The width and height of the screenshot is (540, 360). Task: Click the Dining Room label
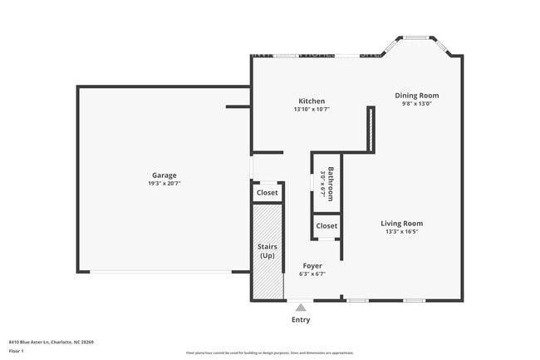(x=416, y=96)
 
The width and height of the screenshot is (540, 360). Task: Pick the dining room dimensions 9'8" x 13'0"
(x=416, y=104)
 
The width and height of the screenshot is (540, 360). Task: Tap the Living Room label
(x=402, y=223)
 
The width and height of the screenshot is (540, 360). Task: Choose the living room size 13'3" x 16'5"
(x=402, y=232)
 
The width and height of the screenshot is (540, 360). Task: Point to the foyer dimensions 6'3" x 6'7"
(x=312, y=274)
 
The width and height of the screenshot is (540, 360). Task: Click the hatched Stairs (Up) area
(x=267, y=251)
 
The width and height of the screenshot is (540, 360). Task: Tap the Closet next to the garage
(x=267, y=193)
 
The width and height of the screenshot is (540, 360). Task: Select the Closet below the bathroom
(x=326, y=225)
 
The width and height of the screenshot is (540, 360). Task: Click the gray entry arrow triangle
(x=301, y=308)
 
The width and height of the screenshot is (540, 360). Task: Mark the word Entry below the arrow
(x=301, y=319)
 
